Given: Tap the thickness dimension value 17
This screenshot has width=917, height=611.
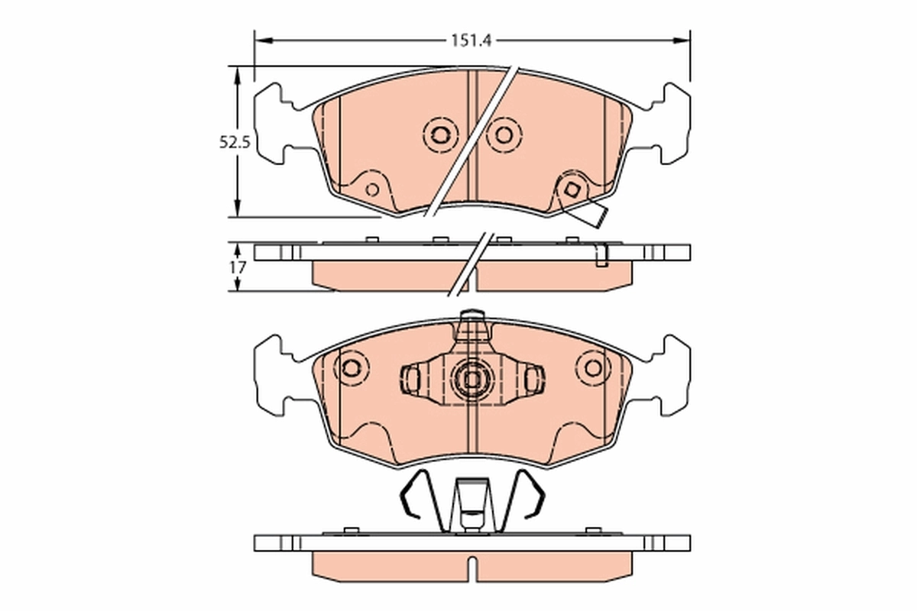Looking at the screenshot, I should coord(237,267).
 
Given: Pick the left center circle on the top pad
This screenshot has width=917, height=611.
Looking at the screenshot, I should coord(439,135).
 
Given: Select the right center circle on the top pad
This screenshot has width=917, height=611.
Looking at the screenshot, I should coord(503,135).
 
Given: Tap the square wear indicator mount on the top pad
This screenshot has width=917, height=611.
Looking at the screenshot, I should coord(571,188).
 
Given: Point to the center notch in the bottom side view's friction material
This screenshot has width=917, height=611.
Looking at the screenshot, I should coord(472,567).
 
